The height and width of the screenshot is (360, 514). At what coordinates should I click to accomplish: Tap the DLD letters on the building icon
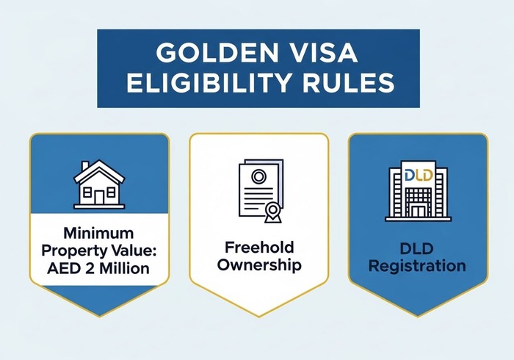point(417,175)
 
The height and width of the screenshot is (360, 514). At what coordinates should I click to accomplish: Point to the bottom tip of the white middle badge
point(258,316)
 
